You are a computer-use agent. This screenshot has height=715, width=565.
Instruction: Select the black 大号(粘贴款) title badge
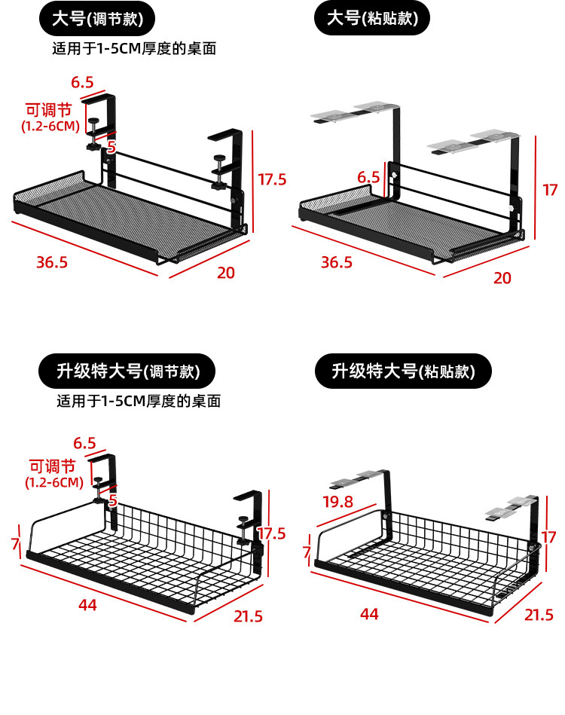[371, 19]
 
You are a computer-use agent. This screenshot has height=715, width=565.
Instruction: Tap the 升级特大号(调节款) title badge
[127, 371]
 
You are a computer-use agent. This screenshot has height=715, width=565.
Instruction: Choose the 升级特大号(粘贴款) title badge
[404, 371]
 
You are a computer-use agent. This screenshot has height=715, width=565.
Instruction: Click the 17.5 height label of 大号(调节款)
[273, 179]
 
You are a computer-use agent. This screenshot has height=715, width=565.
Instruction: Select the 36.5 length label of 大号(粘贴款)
[336, 262]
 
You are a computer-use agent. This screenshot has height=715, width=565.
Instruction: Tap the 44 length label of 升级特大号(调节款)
[87, 605]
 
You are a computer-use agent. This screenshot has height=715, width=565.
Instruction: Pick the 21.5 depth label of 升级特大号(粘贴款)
[539, 615]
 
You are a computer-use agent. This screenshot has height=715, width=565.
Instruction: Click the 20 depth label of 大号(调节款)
[226, 273]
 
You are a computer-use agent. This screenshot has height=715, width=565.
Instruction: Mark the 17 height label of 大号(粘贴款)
[551, 190]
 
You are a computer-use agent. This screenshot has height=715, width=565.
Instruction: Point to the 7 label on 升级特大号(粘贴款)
[307, 553]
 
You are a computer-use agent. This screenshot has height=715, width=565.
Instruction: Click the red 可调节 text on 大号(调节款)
[50, 109]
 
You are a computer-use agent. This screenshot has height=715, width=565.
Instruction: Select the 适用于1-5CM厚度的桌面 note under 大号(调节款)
[134, 50]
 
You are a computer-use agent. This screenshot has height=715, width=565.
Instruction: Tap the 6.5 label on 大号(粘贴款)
[368, 178]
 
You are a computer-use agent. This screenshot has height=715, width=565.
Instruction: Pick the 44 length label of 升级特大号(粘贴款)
[369, 614]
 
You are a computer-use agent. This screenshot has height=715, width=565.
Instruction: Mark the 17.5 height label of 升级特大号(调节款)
[271, 534]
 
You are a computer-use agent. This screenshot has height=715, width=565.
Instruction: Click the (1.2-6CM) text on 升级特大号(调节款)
[53, 482]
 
